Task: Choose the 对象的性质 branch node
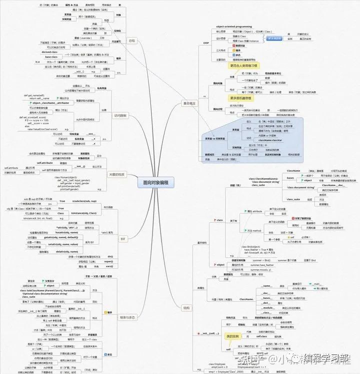point(118,174)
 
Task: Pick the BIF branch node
point(123,239)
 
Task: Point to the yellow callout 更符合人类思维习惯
point(244,65)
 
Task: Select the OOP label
point(206,43)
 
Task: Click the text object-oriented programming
point(234,26)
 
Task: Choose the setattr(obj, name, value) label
point(66,244)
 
